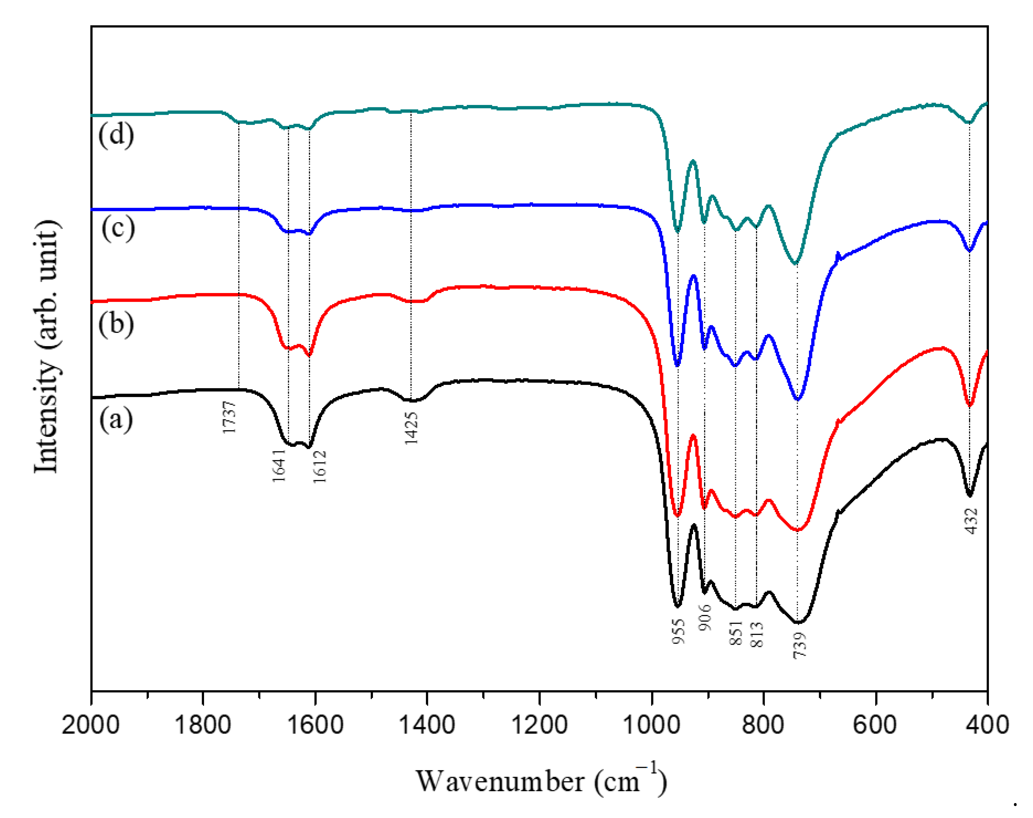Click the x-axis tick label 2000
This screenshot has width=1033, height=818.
pyautogui.click(x=91, y=725)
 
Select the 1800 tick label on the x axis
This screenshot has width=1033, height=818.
pyautogui.click(x=203, y=725)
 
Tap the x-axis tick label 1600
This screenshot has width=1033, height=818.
pyautogui.click(x=315, y=725)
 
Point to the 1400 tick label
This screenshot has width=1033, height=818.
pyautogui.click(x=427, y=725)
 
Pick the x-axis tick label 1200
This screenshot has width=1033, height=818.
pyautogui.click(x=539, y=725)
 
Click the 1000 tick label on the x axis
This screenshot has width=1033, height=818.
pyautogui.click(x=651, y=725)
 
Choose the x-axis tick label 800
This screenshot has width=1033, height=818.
pyautogui.click(x=763, y=725)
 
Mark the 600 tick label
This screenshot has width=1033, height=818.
pyautogui.click(x=875, y=725)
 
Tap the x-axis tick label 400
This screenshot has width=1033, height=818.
pyautogui.click(x=987, y=725)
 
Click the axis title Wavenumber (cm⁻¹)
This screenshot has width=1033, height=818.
pyautogui.click(x=541, y=781)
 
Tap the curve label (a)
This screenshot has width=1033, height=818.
pyautogui.click(x=116, y=419)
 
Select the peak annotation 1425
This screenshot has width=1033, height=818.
pyautogui.click(x=411, y=428)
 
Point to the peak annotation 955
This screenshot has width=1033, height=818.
pyautogui.click(x=679, y=631)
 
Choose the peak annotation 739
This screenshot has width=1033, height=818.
pyautogui.click(x=799, y=645)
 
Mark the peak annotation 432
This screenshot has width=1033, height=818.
pyautogui.click(x=971, y=521)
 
